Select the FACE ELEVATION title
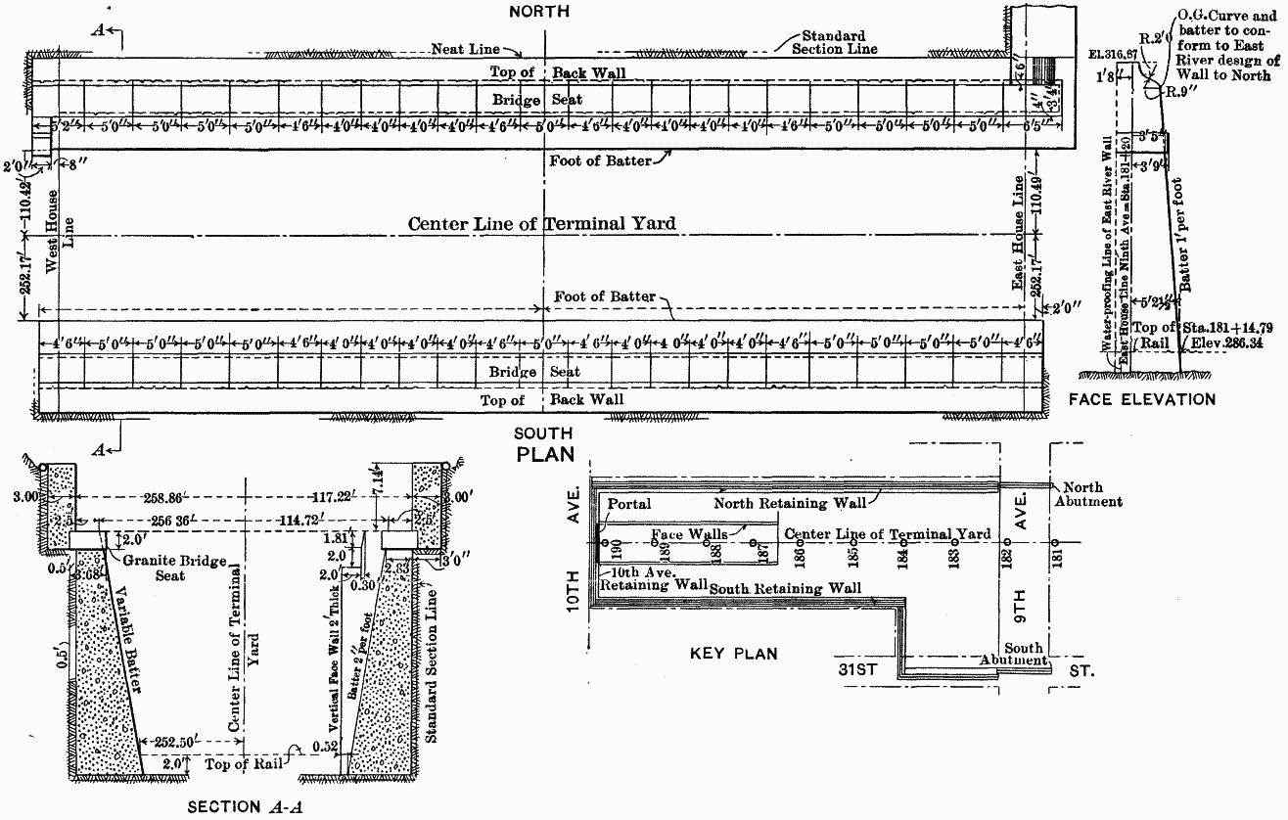click(1142, 399)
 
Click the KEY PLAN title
click(734, 654)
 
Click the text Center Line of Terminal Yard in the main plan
click(541, 224)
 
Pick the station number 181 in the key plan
click(1055, 562)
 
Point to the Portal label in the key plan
click(628, 503)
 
